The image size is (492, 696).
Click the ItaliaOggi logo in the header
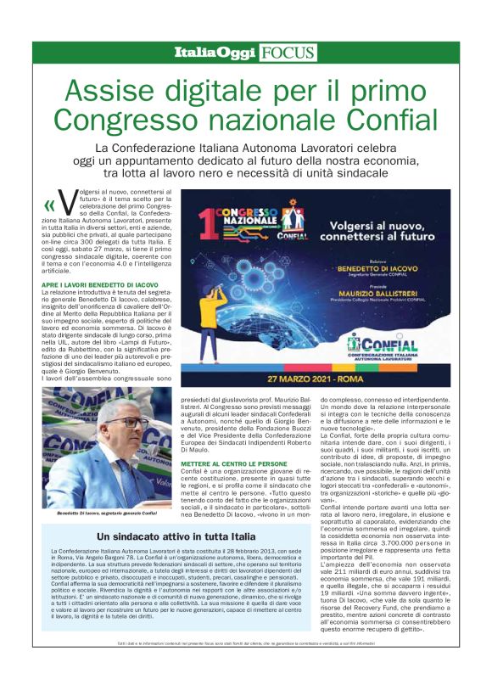[215, 53]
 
